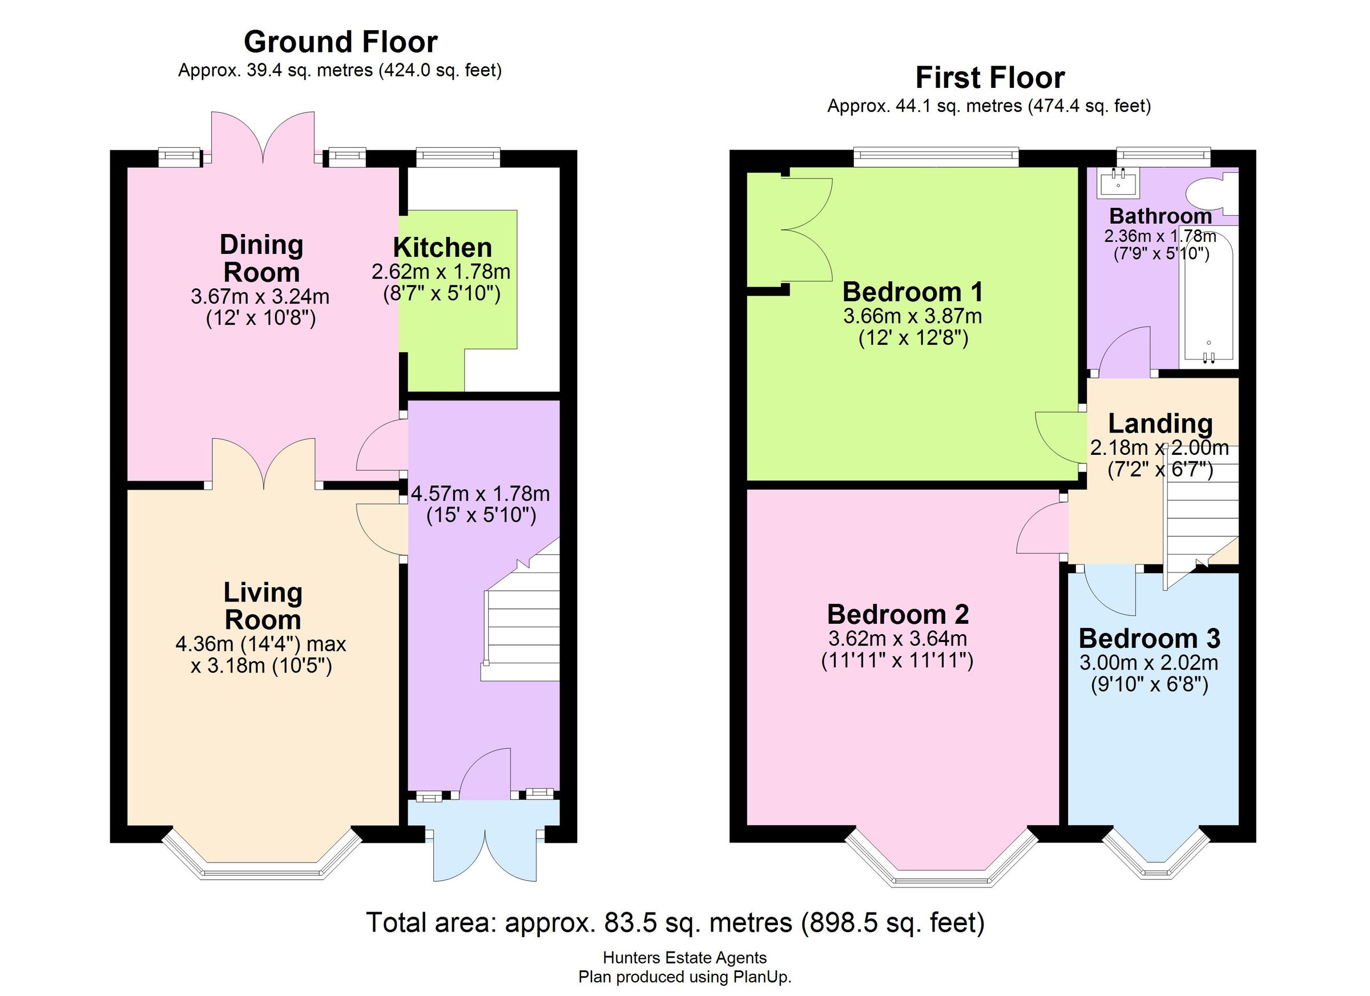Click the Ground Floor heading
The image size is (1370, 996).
tap(340, 42)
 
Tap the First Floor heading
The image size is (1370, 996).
tap(989, 78)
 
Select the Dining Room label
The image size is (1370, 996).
tap(261, 259)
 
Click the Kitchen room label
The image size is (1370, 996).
tap(442, 248)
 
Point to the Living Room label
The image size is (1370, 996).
tap(262, 606)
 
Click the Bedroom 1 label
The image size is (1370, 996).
tap(912, 292)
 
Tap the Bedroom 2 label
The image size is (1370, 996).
tap(897, 614)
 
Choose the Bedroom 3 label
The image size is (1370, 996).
tap(1149, 639)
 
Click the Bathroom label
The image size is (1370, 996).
tap(1161, 216)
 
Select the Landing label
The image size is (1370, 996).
tap(1160, 424)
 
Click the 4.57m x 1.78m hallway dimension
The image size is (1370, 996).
tap(480, 494)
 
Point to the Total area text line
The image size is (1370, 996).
tap(675, 922)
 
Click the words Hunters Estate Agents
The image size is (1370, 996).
tap(684, 957)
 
